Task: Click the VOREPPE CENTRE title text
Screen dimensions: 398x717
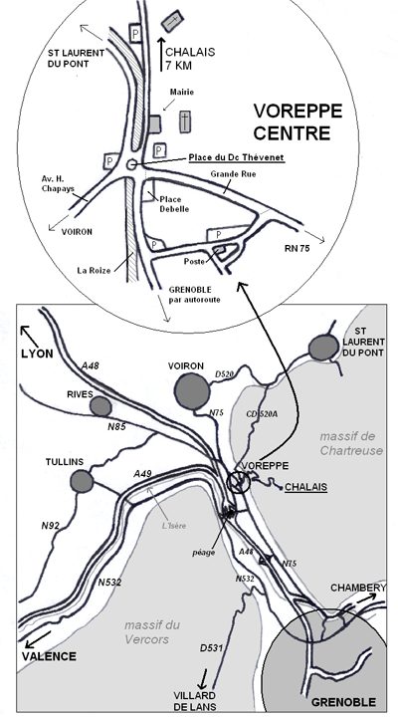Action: coord(298,121)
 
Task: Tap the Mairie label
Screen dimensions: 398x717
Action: coord(182,92)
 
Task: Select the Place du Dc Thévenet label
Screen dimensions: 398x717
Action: coord(237,157)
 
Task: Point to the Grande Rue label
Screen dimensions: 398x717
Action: coord(233,173)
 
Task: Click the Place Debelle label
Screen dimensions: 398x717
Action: coord(170,204)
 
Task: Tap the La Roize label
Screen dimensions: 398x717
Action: coord(94,270)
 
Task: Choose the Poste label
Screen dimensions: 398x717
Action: coord(194,261)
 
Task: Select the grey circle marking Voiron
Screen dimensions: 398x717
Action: coord(192,391)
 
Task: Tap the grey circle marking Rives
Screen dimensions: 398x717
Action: coord(100,406)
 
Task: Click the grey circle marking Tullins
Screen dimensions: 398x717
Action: coord(82,481)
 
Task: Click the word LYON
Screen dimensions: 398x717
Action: coord(37,354)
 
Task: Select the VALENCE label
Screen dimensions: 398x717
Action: coord(49,656)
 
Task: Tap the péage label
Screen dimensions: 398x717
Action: coord(203,552)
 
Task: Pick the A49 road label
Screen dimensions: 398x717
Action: coord(142,474)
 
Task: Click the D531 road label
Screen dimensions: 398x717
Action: coord(211,648)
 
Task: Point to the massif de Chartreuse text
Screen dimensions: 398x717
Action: coord(351,443)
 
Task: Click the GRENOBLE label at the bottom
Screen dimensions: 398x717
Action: coord(343,702)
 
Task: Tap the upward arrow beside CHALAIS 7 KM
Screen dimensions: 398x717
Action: coord(161,54)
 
